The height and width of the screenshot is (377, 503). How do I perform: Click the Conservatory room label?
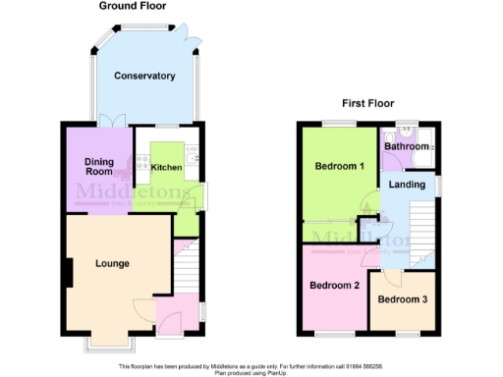[x=143, y=76]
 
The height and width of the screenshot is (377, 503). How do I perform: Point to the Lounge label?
[x=112, y=263]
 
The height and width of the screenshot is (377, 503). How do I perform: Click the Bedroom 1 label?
[x=340, y=166]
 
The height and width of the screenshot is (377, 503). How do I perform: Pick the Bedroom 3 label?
[x=402, y=298]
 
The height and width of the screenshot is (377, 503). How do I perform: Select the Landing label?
[x=407, y=184]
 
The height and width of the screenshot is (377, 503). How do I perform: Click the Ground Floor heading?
[x=132, y=6]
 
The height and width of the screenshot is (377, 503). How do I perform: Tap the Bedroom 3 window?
[x=402, y=336]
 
